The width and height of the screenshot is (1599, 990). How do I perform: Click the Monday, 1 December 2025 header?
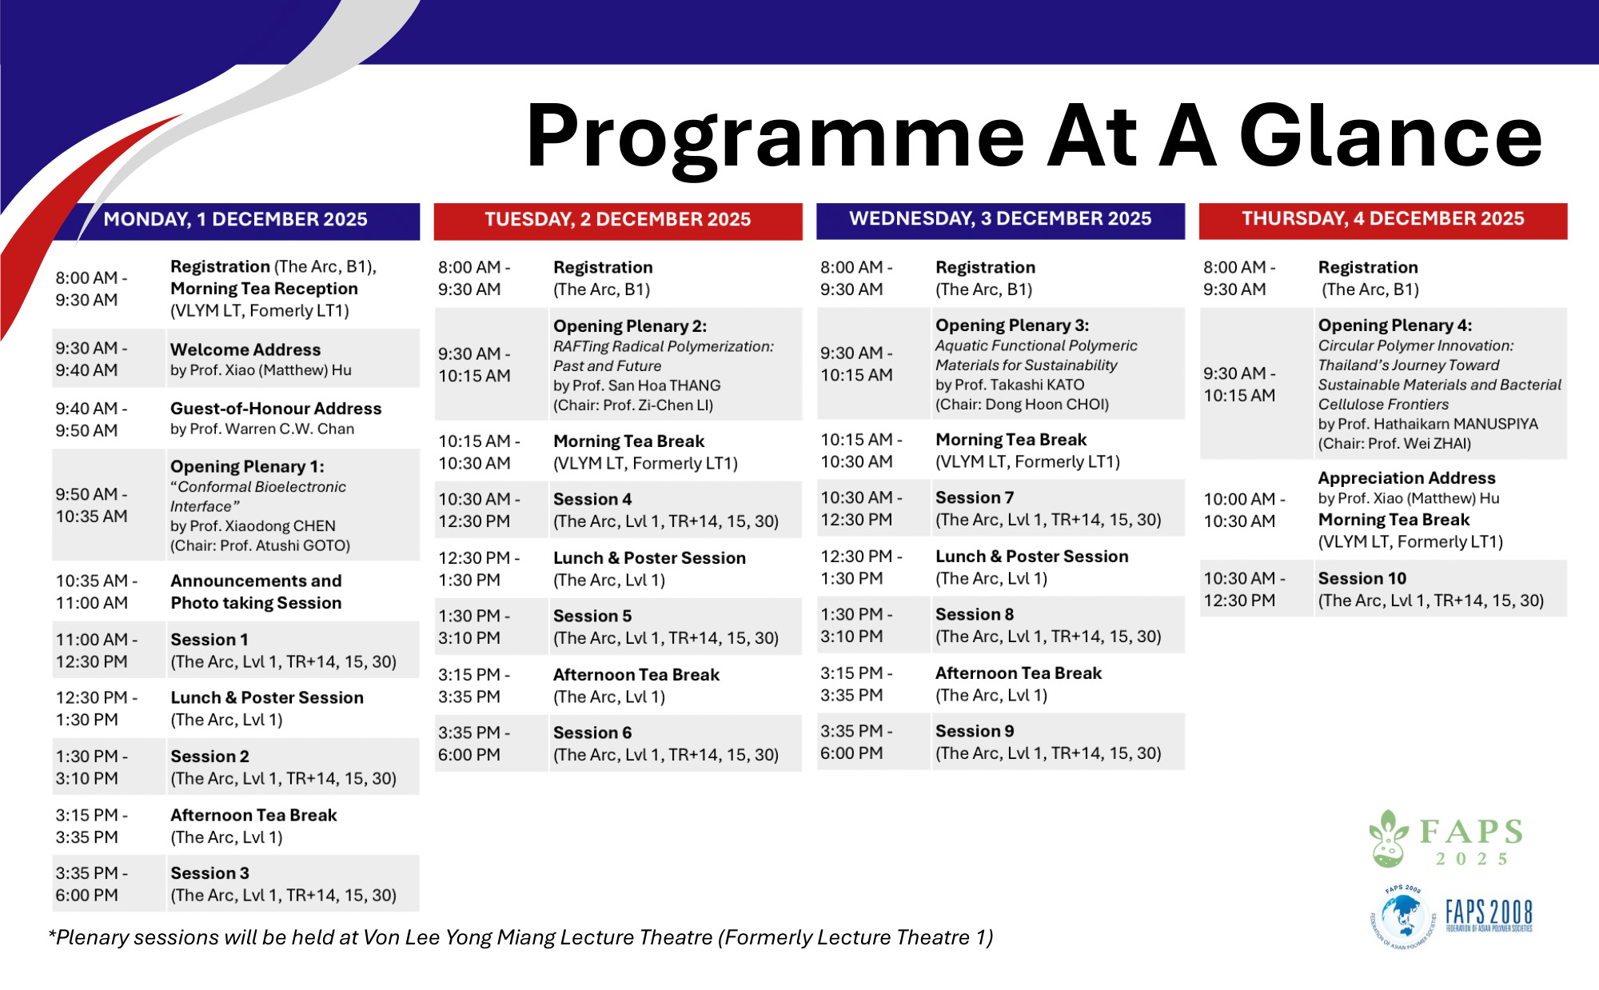click(x=235, y=220)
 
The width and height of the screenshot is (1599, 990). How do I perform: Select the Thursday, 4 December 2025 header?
click(x=1382, y=219)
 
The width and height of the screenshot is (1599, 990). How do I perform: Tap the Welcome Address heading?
click(x=245, y=350)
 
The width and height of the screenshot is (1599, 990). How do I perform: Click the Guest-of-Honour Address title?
click(x=276, y=409)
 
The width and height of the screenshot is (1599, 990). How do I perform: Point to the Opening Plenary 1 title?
click(x=247, y=467)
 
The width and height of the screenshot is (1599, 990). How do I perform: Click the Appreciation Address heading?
click(x=1406, y=478)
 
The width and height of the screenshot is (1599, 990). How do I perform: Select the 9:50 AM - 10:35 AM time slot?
click(x=91, y=505)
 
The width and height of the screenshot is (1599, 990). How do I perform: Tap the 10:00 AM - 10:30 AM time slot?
click(x=1244, y=510)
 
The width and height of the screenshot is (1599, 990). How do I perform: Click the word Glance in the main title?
click(x=1390, y=136)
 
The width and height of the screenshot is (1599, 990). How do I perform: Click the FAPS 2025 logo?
click(x=1447, y=839)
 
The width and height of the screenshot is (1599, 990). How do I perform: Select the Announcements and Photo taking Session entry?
click(x=256, y=592)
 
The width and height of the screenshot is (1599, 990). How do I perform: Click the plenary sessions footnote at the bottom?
click(x=520, y=937)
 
